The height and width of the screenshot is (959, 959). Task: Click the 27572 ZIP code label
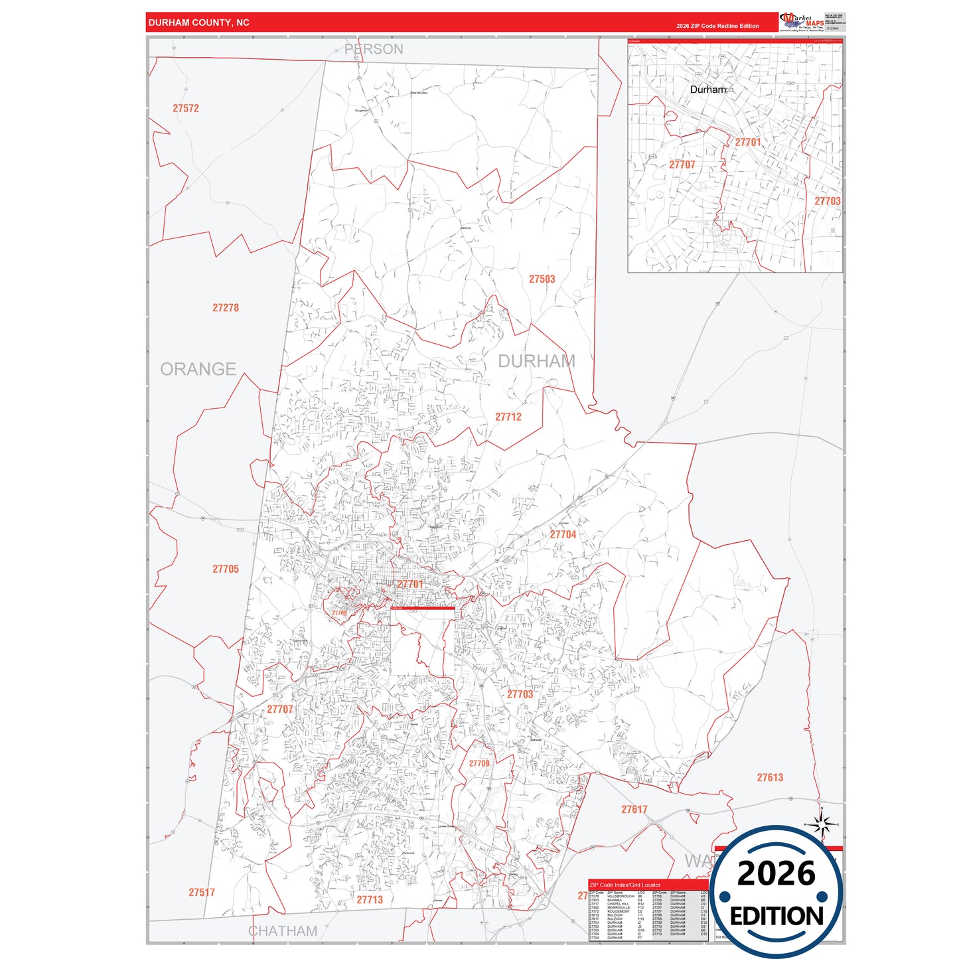click(x=186, y=108)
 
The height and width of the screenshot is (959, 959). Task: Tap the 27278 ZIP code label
click(x=226, y=308)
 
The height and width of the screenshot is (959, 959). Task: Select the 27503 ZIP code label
click(x=542, y=279)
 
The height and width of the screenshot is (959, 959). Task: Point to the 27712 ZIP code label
click(x=508, y=417)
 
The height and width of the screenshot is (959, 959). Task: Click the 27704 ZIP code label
click(x=563, y=534)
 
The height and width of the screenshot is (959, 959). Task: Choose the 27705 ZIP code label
click(x=226, y=569)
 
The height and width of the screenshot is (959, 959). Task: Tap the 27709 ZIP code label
click(x=479, y=763)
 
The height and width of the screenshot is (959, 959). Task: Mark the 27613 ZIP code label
click(x=770, y=777)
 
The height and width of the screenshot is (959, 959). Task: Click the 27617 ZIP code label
click(x=634, y=810)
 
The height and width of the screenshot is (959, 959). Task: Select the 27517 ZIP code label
click(x=202, y=893)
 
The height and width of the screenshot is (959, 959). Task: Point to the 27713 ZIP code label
click(x=370, y=900)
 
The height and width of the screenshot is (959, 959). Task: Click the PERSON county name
click(x=374, y=49)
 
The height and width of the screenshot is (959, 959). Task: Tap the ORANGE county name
click(x=198, y=369)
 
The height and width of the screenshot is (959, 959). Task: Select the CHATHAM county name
click(x=283, y=931)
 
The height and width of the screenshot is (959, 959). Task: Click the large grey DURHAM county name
click(x=536, y=361)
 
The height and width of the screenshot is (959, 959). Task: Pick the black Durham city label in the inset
click(x=707, y=90)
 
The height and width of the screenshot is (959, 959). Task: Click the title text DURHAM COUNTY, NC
click(x=199, y=23)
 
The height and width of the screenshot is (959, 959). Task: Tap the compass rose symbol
click(x=822, y=824)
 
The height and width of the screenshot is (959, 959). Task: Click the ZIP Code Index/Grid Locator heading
click(x=625, y=885)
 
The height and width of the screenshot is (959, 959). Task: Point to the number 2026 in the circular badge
click(x=776, y=873)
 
